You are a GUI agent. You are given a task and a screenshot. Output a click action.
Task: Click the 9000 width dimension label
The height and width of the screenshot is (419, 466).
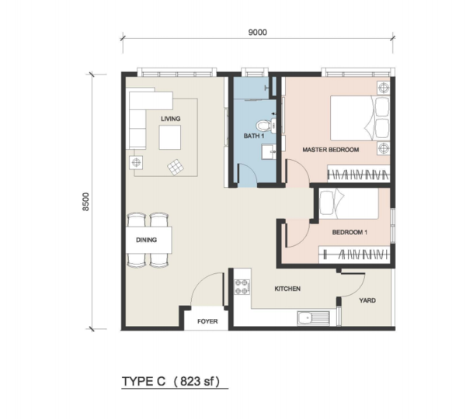click(257, 32)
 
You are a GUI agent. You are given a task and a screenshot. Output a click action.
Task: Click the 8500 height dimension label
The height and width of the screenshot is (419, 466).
click(86, 202)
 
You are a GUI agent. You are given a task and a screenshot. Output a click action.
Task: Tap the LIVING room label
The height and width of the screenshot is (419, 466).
click(171, 119)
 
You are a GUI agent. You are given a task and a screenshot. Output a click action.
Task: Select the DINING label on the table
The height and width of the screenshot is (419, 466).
click(146, 240)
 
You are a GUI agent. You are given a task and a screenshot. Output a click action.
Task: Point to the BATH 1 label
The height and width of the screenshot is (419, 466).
click(254, 136)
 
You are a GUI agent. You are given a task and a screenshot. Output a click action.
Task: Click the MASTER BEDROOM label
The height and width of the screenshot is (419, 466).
click(331, 150)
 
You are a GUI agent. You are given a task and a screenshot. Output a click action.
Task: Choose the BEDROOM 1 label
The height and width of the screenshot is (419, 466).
click(349, 232)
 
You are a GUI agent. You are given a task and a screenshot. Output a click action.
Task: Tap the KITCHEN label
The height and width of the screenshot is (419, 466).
click(287, 289)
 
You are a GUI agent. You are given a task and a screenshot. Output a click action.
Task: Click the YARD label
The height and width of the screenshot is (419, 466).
click(367, 300)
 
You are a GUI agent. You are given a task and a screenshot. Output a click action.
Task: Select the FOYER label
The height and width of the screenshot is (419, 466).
click(207, 321)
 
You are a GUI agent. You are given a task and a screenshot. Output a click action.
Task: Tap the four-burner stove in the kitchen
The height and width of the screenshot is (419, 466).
click(242, 287)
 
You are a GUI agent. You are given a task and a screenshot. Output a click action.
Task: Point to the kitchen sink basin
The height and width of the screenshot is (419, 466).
click(304, 318)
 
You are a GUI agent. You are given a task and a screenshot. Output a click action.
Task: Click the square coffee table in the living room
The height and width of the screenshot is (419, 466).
click(169, 137)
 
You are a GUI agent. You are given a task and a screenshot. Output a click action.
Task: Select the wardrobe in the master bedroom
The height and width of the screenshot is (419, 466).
click(358, 174)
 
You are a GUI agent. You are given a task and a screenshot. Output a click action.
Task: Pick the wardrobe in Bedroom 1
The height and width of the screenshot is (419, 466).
click(354, 255)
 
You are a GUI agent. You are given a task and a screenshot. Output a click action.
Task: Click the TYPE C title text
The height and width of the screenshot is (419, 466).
click(144, 381)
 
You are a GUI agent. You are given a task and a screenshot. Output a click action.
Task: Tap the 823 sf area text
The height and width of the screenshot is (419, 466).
click(196, 381)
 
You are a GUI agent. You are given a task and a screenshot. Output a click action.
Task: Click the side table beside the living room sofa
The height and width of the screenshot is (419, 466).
click(136, 162)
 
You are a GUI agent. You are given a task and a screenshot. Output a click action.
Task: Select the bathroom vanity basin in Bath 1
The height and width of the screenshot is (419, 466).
click(269, 152)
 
